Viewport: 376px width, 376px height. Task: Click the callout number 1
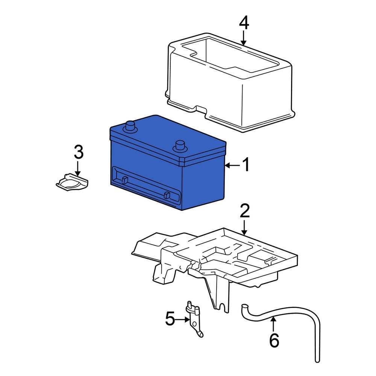click(x=245, y=165)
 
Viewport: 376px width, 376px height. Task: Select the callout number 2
click(x=244, y=212)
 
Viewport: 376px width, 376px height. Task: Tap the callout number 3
click(x=78, y=152)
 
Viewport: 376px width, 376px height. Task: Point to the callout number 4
click(x=244, y=23)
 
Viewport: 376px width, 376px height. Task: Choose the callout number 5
click(x=170, y=320)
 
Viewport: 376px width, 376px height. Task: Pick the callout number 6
click(x=274, y=341)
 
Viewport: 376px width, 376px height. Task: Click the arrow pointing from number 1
click(x=232, y=165)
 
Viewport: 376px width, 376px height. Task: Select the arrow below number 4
click(x=244, y=38)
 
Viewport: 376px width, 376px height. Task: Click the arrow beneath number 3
click(x=78, y=168)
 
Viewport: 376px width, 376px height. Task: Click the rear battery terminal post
click(x=130, y=126)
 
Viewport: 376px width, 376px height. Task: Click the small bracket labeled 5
click(x=194, y=318)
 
